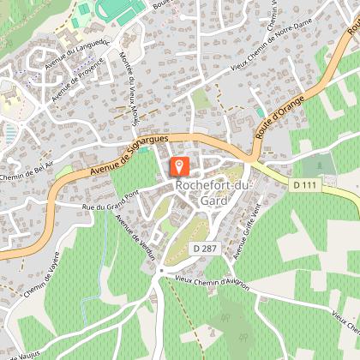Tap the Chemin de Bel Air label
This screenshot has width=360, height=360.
click(x=26, y=171)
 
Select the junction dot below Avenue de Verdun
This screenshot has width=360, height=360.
click(x=159, y=271)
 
